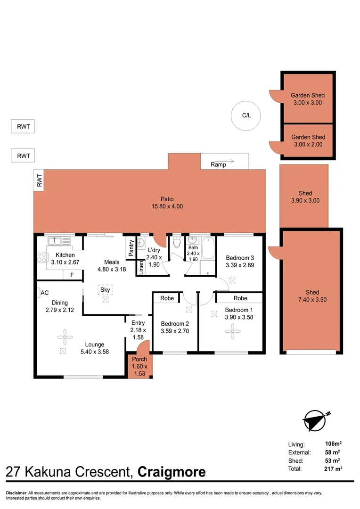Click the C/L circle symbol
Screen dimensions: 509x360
246,115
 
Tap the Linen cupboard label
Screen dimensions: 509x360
141,267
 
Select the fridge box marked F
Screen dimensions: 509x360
72,275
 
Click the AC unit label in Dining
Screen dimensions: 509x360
44,293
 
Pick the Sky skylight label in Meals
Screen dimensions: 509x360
105,290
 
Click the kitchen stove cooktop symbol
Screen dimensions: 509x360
41,257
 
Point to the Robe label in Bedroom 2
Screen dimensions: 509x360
167,298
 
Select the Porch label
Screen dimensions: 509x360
139,359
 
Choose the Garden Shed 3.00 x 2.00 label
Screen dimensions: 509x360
308,141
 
